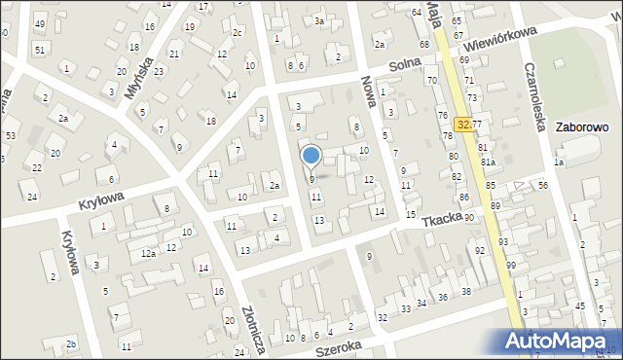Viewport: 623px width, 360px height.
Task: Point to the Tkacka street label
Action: click(441, 220)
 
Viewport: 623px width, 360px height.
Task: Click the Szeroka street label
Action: click(339, 345)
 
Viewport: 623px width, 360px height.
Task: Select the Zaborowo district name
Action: click(581, 126)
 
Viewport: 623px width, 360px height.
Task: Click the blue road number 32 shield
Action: click(464, 125)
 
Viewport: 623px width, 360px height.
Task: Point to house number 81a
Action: click(488, 162)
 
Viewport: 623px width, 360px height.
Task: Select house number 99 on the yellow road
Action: click(510, 265)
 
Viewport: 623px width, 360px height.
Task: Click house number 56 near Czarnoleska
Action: click(543, 185)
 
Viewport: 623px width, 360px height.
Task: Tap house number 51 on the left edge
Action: click(39, 50)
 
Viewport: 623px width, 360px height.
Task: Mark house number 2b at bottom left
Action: click(70, 344)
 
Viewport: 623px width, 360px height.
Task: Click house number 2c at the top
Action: click(237, 32)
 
